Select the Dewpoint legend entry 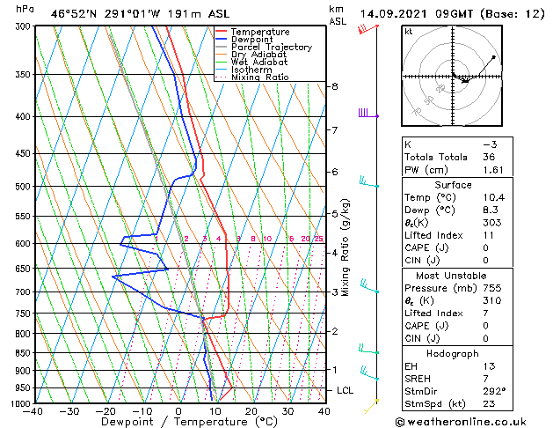pyautogui.click(x=252, y=40)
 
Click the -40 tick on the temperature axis pyautogui.click(x=33, y=411)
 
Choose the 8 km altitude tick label pyautogui.click(x=334, y=86)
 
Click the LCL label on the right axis pyautogui.click(x=346, y=390)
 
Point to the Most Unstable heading pyautogui.click(x=449, y=276)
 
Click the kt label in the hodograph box pyautogui.click(x=408, y=32)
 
